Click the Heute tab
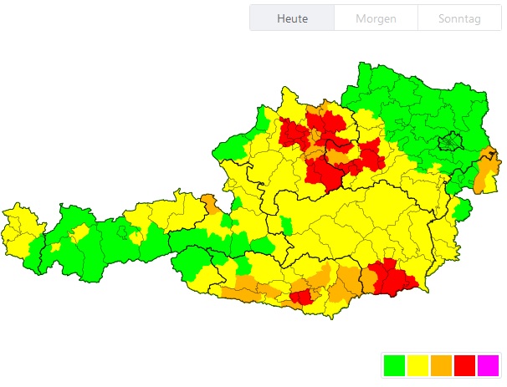pos(292,18)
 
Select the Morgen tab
pos(376,18)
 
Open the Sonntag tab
pos(460,18)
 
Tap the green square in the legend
pos(393,365)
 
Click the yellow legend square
pos(417,365)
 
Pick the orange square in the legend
pos(440,365)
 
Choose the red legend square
pos(463,365)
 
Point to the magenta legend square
pos(487,365)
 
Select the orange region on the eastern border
pos(486,171)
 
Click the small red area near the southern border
pos(300,296)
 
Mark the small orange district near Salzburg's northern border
pos(209,201)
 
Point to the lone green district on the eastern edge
pos(460,210)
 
